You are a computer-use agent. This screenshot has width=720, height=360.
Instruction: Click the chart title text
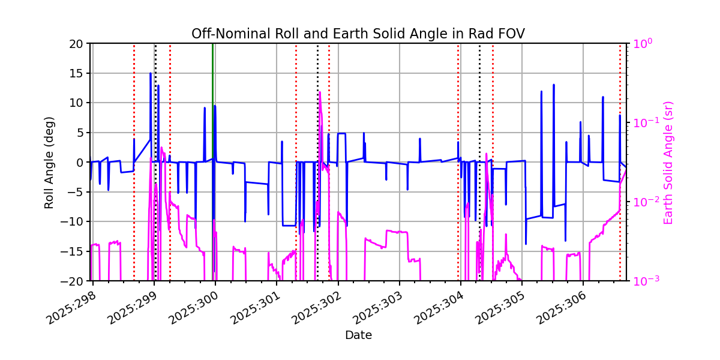(x=358, y=34)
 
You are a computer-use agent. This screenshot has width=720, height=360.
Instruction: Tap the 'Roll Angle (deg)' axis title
(x=49, y=162)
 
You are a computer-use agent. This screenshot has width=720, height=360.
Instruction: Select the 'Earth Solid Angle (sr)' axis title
(x=668, y=163)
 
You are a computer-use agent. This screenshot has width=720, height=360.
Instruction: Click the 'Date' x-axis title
(x=358, y=335)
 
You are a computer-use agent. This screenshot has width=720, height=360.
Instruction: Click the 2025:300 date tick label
(x=193, y=306)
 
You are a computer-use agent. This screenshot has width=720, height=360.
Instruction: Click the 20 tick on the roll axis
(x=78, y=44)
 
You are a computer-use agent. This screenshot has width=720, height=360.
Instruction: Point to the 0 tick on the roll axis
(x=82, y=163)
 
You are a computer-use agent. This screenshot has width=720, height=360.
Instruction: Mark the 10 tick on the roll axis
(x=78, y=103)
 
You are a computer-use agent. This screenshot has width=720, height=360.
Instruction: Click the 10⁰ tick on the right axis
(x=640, y=44)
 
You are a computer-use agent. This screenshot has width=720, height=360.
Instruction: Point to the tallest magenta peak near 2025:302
(x=320, y=92)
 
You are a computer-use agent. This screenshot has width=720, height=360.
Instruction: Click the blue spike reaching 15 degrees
(x=151, y=74)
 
